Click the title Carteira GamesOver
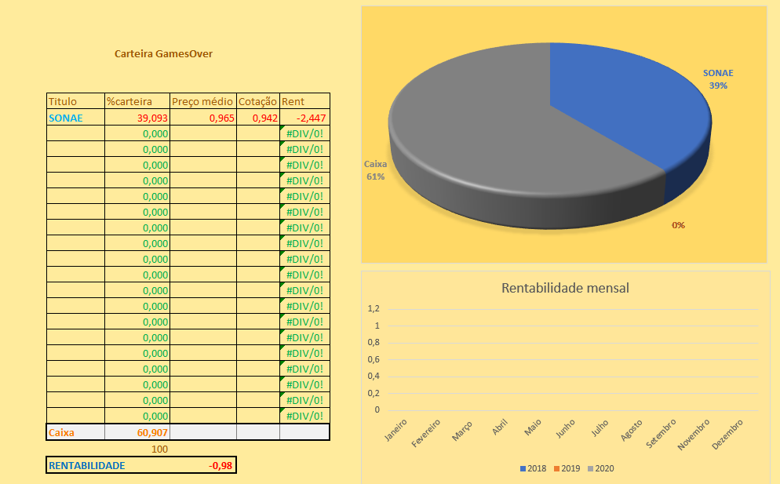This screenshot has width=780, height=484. tap(163, 54)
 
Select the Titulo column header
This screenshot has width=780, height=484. tap(63, 101)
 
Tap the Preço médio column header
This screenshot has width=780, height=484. tap(202, 101)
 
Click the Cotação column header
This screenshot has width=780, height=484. tap(257, 101)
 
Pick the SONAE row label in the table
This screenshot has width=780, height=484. tap(65, 118)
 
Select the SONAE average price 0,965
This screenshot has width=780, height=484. tap(221, 118)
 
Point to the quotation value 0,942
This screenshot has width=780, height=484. tap(264, 118)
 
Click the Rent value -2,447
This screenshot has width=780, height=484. tap(311, 118)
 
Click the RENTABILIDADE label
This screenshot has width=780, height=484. tap(86, 465)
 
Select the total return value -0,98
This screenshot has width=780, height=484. tap(219, 465)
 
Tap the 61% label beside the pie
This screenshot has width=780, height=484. tap(374, 177)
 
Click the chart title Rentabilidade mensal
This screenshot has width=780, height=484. tap(565, 288)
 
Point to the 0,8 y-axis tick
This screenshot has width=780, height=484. tap(373, 343)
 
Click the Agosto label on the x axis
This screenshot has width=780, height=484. tap(630, 429)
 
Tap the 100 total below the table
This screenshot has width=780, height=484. tap(160, 449)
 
